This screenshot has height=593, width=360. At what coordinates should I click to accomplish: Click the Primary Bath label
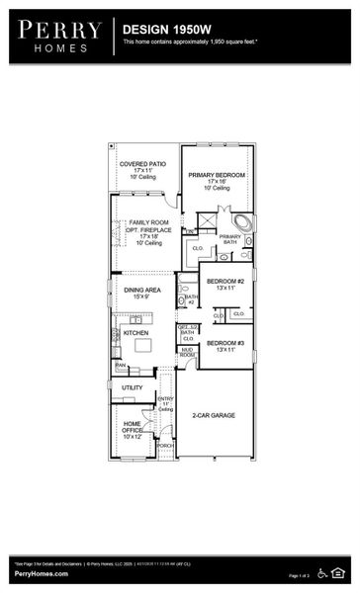click(x=230, y=239)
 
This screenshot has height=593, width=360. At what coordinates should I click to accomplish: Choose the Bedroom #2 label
click(x=225, y=283)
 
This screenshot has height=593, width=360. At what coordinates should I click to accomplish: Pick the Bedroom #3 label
click(x=225, y=345)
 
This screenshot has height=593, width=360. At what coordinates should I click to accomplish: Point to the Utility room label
click(x=133, y=387)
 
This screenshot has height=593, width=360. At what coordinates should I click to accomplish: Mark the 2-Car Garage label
click(x=214, y=415)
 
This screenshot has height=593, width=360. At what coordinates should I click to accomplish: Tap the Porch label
click(x=166, y=445)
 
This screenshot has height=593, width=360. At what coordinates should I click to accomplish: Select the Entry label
click(x=165, y=403)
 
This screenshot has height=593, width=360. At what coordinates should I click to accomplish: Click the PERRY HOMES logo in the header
click(x=57, y=36)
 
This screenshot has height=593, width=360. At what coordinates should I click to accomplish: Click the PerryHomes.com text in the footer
click(x=41, y=573)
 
